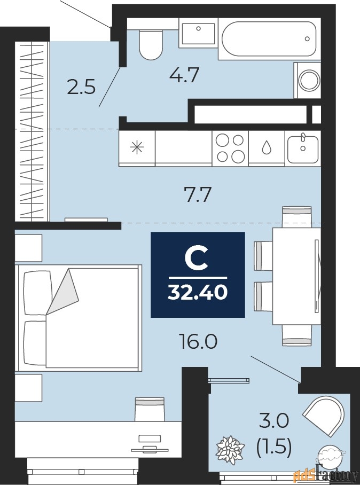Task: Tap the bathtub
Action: [x=269, y=38]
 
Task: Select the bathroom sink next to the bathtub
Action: [x=198, y=33]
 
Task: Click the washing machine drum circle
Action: [x=309, y=80]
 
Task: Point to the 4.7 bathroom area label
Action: [x=184, y=75]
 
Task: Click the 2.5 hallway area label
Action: [x=81, y=87]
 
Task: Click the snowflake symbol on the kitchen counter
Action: [x=137, y=147]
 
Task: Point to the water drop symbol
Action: [x=266, y=147]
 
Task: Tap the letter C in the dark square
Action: [x=196, y=257]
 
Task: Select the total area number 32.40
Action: [x=198, y=292]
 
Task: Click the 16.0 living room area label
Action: [x=198, y=341]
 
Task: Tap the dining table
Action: [x=296, y=276]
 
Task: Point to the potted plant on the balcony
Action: [x=230, y=449]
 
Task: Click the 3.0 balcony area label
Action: [x=273, y=421]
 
